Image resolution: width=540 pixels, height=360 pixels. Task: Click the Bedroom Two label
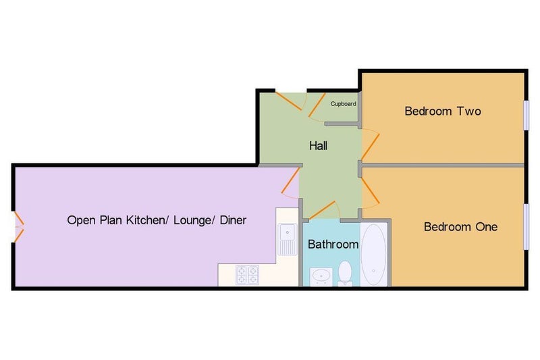click(443, 111)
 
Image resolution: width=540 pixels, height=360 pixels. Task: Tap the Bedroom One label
click(460, 227)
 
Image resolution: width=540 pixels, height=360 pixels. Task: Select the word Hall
click(318, 146)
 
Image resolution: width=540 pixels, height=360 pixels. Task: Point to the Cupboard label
click(343, 104)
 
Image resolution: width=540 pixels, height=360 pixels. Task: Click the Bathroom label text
click(333, 245)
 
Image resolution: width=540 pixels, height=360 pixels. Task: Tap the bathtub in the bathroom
click(374, 254)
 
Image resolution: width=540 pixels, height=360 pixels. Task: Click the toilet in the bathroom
click(345, 274)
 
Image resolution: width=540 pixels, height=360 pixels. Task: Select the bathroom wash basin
click(321, 277)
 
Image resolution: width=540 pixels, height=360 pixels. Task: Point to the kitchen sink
click(288, 239)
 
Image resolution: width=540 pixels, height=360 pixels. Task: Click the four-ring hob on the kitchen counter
click(247, 275)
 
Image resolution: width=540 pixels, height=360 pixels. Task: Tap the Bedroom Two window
click(526, 115)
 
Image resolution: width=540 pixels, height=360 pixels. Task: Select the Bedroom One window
click(526, 226)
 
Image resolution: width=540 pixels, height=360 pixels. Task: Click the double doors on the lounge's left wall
click(18, 227)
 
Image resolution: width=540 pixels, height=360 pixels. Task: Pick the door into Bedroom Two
click(371, 146)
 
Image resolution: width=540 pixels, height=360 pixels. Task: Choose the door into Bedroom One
click(371, 191)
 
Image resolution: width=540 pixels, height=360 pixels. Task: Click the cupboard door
click(317, 106)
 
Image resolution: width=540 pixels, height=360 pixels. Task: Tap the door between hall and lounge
click(290, 182)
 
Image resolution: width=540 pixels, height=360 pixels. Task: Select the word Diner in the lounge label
click(233, 220)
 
